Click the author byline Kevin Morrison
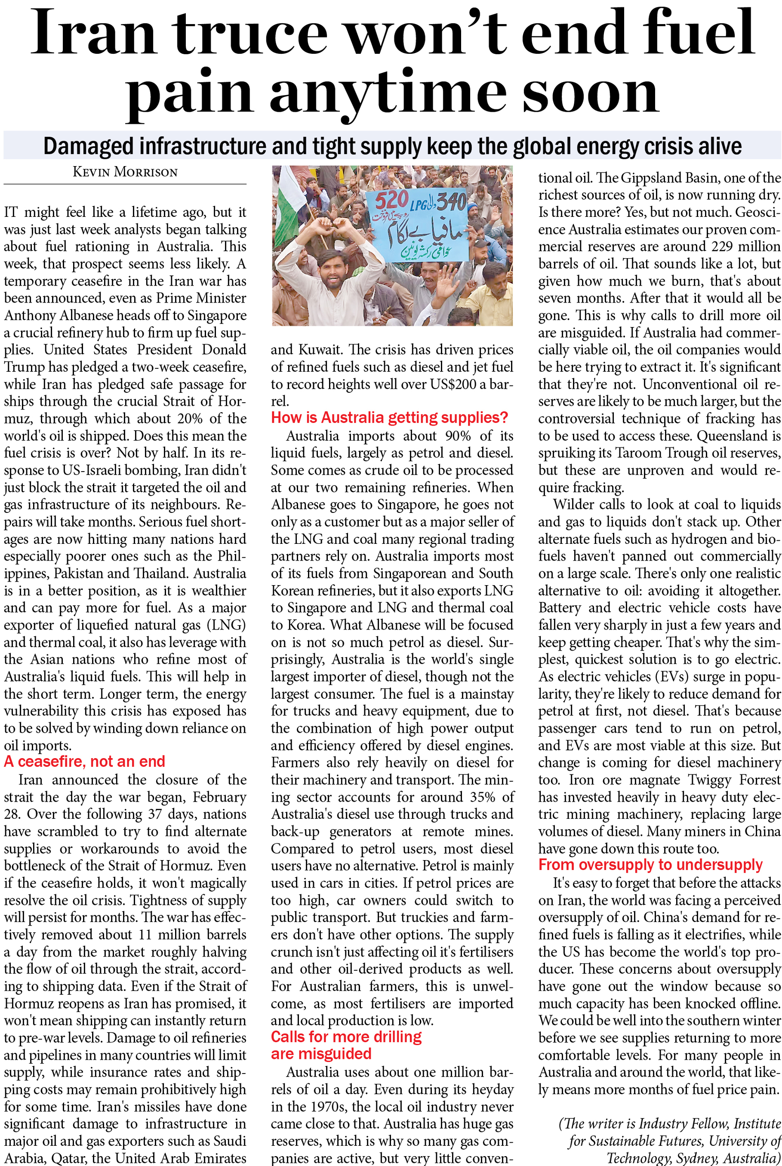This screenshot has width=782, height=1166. click(x=125, y=172)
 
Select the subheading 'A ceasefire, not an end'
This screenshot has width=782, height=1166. click(x=84, y=761)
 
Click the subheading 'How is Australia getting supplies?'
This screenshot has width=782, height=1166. click(x=389, y=417)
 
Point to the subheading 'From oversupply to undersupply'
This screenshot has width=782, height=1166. click(x=650, y=864)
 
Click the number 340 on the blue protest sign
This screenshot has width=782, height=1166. click(x=452, y=203)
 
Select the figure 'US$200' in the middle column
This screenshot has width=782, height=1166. click(x=448, y=384)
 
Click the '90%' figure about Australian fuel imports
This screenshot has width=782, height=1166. click(x=458, y=436)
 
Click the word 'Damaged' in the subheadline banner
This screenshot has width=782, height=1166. click(x=89, y=146)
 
